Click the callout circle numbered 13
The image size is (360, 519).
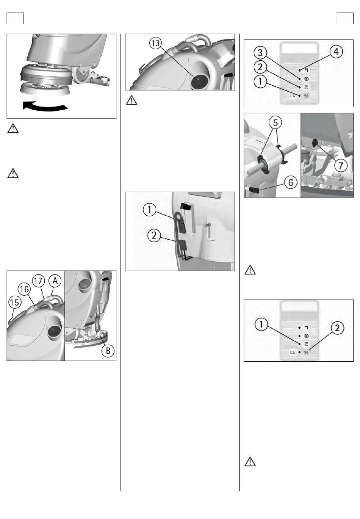coord(155,43)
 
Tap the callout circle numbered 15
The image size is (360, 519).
coord(15,303)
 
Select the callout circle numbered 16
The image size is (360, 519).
coord(24,289)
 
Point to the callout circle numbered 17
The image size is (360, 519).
coord(38,281)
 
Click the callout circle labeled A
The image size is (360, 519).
coord(55,281)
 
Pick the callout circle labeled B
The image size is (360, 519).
coord(108,351)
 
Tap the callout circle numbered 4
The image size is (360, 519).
coord(336,52)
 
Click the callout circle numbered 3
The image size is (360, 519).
coord(260,53)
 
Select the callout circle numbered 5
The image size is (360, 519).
coord(275,122)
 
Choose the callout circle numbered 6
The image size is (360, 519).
coord(291,183)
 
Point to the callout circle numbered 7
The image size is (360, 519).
coord(341,165)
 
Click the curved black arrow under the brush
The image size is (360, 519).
coord(44,107)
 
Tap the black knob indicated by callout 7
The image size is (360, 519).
coord(315,143)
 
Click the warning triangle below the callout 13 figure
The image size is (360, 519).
coord(131,100)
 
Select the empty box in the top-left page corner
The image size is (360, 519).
coord(15,19)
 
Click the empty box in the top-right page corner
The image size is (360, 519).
coord(345,19)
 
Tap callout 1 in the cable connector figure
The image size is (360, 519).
coord(149,209)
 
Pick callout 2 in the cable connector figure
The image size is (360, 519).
coord(154,236)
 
